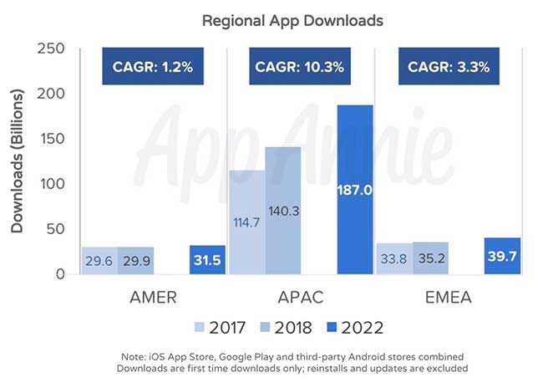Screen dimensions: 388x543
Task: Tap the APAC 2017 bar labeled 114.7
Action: [x=246, y=222]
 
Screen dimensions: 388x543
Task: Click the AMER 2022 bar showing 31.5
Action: [x=208, y=260]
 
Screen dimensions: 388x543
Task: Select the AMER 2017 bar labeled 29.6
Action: [x=99, y=261]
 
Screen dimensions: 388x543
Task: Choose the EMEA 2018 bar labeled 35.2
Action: [x=430, y=258]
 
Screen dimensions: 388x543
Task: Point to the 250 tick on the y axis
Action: [x=53, y=48]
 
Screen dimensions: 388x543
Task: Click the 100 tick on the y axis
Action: [x=53, y=184]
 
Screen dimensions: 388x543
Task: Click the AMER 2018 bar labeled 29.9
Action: [x=135, y=261]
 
